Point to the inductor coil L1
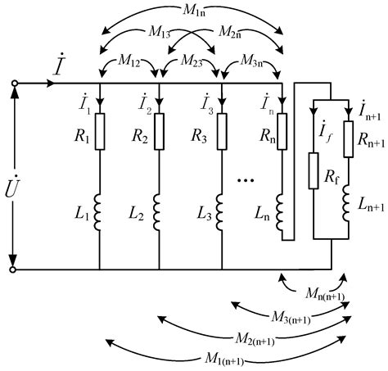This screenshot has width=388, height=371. pyautogui.click(x=99, y=215)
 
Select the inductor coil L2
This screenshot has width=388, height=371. pyautogui.click(x=159, y=215)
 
